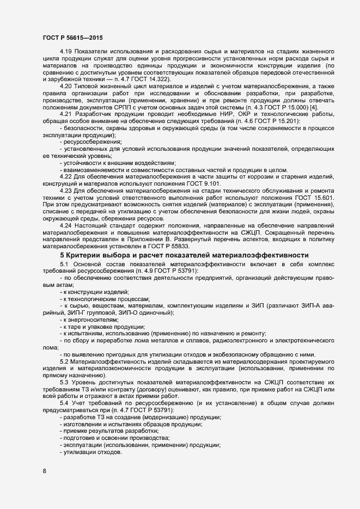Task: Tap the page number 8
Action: (45, 471)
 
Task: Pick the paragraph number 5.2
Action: (64, 362)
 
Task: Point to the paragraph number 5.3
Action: (64, 383)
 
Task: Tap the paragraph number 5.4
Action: (64, 403)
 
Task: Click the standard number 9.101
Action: (210, 184)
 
